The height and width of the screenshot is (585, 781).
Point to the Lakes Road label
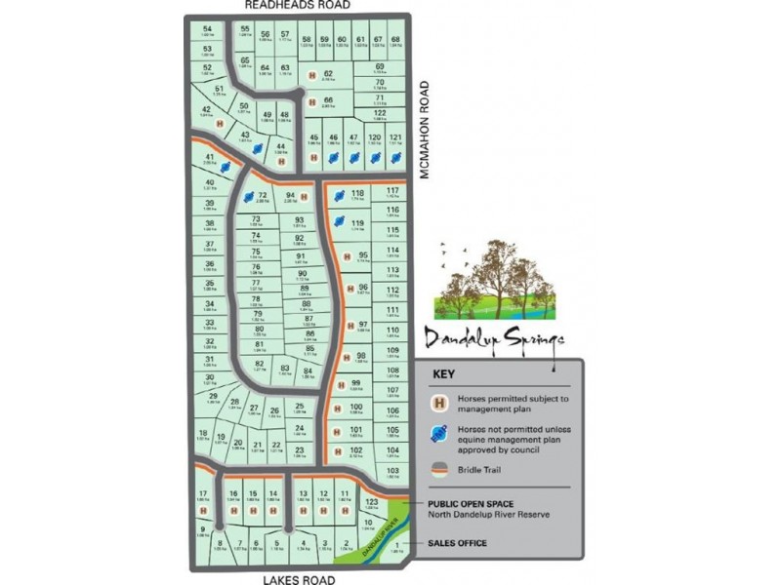(299, 580)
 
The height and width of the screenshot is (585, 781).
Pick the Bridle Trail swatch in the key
(440, 469)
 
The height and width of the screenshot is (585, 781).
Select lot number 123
(370, 501)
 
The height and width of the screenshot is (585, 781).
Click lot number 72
(262, 195)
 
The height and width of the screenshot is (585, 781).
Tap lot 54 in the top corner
(207, 29)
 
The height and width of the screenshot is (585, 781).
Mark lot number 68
(395, 39)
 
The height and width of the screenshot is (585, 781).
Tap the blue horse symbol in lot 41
(226, 167)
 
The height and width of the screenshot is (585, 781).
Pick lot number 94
(290, 195)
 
